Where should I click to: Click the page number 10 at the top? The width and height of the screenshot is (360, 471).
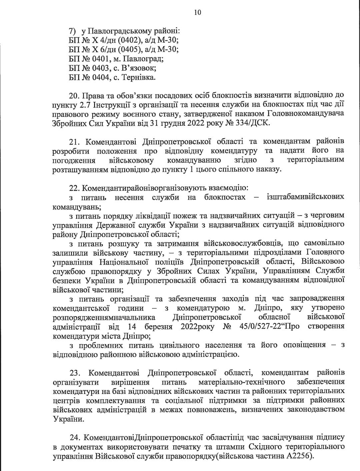pos(197,12)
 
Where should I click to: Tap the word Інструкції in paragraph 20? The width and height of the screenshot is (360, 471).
pos(117,105)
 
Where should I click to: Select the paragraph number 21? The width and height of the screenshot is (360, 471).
pos(73,142)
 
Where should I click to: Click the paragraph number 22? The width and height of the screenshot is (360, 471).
pos(73,188)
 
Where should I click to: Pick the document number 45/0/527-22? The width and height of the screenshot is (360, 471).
pos(262,326)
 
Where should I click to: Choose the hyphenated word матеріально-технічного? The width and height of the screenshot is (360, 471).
pos(241,381)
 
